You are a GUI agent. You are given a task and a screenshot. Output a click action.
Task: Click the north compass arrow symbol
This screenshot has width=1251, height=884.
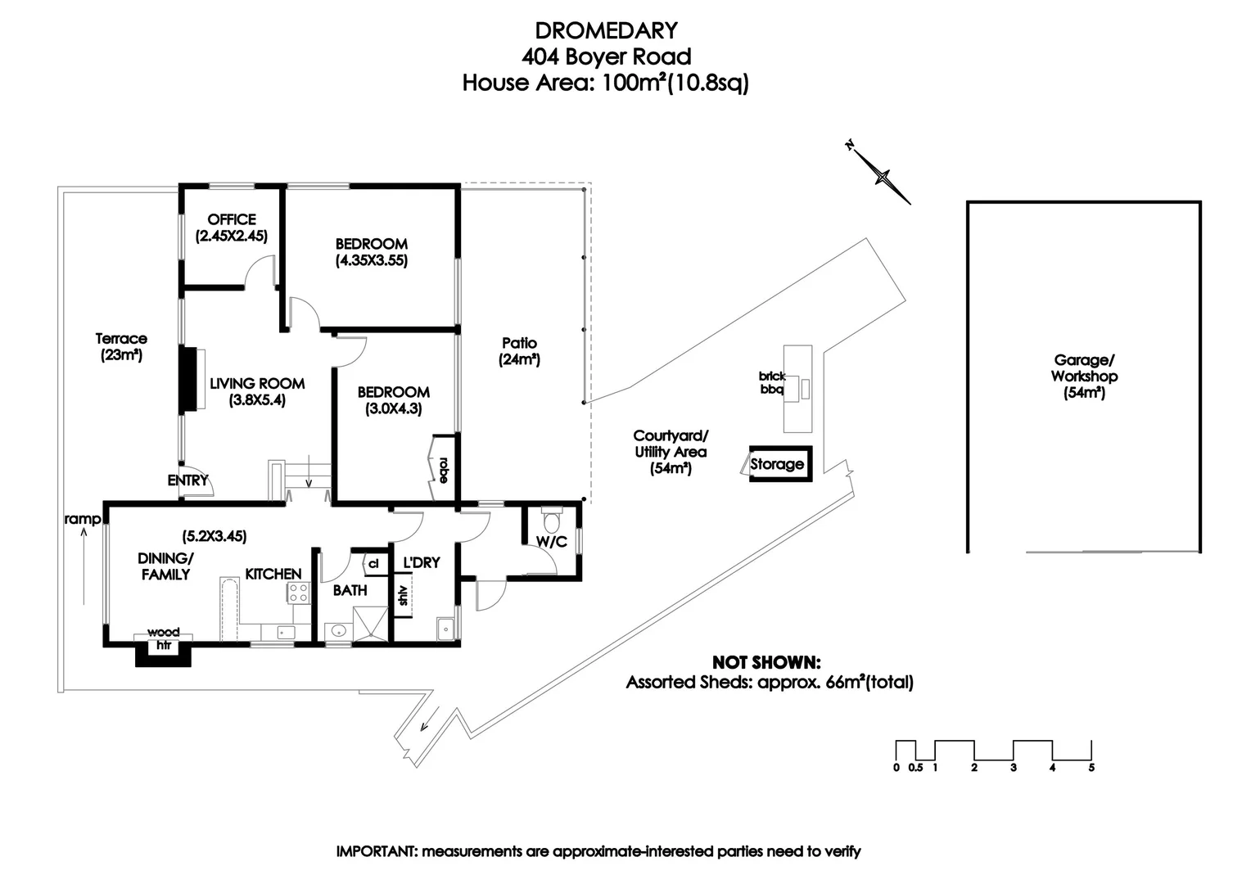pyautogui.click(x=881, y=174)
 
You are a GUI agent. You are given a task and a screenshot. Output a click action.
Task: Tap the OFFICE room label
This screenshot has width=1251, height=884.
pyautogui.click(x=232, y=219)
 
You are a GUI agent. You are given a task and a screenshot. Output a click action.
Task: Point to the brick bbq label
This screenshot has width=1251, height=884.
pyautogui.click(x=771, y=383)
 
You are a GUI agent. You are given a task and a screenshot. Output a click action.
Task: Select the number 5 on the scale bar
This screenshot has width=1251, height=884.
pyautogui.click(x=1091, y=768)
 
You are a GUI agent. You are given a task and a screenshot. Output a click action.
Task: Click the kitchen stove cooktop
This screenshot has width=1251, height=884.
pyautogui.click(x=298, y=593)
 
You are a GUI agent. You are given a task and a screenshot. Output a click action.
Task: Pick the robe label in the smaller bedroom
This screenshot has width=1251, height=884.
pyautogui.click(x=444, y=469)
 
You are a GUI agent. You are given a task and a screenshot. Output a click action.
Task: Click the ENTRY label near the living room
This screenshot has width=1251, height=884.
pyautogui.click(x=187, y=480)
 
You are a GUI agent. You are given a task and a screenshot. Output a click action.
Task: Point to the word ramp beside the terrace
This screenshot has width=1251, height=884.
pyautogui.click(x=82, y=519)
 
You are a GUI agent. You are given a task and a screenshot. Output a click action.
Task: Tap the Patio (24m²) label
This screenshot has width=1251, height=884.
pyautogui.click(x=519, y=351)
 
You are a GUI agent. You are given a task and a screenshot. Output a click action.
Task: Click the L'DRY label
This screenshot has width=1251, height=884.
pyautogui.click(x=421, y=563)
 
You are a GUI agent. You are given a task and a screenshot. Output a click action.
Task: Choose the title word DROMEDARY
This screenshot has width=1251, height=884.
pyautogui.click(x=606, y=30)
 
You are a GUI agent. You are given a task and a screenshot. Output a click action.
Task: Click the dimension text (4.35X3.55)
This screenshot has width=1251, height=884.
pyautogui.click(x=372, y=261)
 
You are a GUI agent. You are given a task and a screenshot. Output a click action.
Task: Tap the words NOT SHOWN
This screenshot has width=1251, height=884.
pyautogui.click(x=766, y=662)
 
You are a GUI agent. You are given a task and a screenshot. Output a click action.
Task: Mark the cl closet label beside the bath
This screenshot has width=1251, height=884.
pyautogui.click(x=373, y=563)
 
